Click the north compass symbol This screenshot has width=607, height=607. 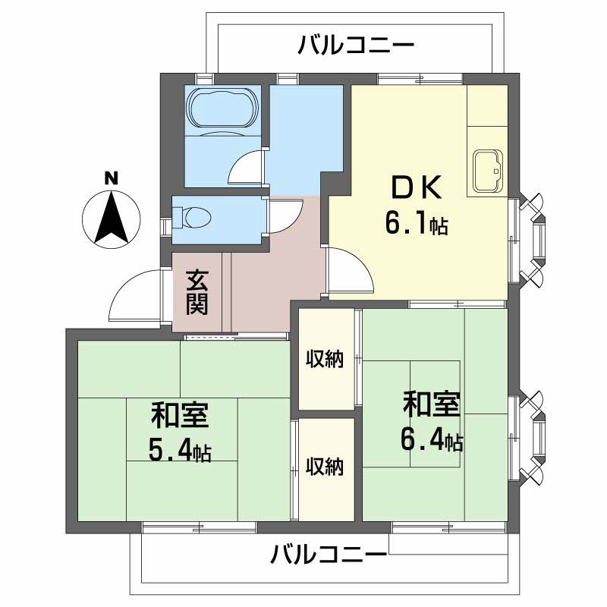pos(111,218)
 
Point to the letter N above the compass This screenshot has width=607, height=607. pos(111,179)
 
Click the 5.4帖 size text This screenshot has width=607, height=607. pos(179,451)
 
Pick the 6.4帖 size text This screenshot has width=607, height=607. pos(431,439)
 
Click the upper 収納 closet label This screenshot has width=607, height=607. pos(326,358)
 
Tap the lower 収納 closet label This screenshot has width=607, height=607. pos(326,466)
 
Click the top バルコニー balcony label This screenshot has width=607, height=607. pos(356,45)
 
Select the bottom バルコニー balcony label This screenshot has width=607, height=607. pos(329,555)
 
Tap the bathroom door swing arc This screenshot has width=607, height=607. pos(245,166)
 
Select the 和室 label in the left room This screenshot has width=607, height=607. pos(180,416)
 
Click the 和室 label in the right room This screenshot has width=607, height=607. pos(431,405)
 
